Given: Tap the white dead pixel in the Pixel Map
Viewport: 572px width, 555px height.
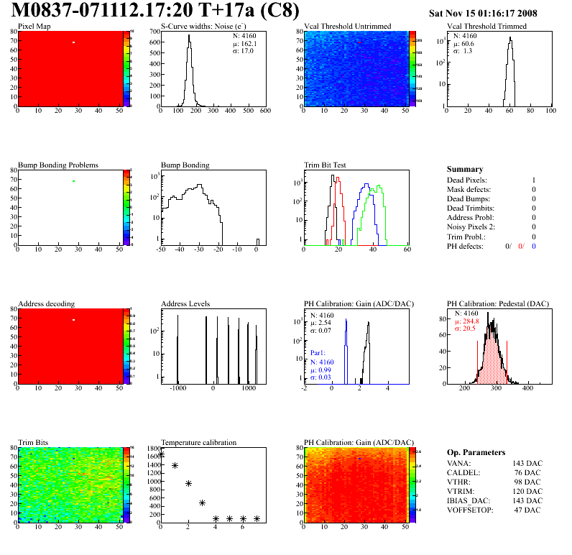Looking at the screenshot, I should (73, 42).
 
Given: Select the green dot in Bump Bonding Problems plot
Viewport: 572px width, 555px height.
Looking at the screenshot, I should (73, 181).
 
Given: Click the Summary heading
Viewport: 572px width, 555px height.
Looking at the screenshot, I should (465, 169).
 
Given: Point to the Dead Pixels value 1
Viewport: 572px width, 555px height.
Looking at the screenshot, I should (533, 180).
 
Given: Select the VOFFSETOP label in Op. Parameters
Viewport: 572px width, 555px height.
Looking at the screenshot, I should (471, 510).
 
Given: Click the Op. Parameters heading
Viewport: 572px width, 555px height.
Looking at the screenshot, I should (476, 452).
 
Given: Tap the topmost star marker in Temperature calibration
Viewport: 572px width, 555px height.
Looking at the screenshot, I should (161, 454).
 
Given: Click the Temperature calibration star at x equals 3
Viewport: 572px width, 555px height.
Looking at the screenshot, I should (203, 503).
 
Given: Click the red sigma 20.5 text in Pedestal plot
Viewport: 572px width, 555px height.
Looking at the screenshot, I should (465, 329).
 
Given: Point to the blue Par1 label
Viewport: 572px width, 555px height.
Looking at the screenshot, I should (318, 354).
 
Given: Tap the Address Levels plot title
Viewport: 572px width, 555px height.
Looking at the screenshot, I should (185, 303).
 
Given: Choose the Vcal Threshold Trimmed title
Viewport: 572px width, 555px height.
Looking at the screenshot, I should (486, 26).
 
